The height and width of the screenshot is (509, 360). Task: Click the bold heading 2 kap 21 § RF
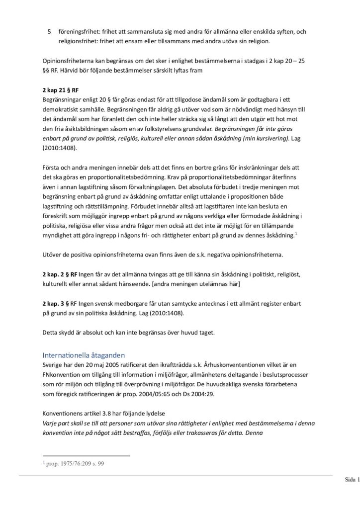pos(61,90)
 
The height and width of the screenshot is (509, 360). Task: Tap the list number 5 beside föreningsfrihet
pos(49,31)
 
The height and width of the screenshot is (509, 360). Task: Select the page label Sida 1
pos(351,480)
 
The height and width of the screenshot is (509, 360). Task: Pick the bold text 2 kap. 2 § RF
pos(60,275)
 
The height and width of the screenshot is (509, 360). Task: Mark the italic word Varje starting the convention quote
pos(51,423)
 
